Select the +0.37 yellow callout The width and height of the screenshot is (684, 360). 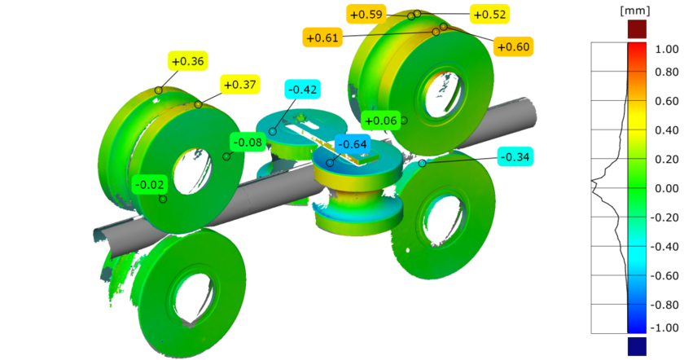(x=239, y=84)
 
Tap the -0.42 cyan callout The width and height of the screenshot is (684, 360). (x=302, y=89)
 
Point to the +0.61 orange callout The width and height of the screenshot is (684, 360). (x=322, y=37)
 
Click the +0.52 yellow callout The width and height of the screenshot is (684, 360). (x=489, y=14)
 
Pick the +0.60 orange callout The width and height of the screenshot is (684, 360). (x=512, y=46)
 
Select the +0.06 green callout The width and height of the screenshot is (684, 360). (x=380, y=121)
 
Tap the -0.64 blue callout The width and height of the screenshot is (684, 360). (x=352, y=144)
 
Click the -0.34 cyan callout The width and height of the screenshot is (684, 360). (x=515, y=156)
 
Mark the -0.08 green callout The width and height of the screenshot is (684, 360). (x=248, y=143)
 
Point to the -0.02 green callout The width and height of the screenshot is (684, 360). (x=150, y=184)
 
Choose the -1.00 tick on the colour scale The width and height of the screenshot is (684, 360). (x=665, y=327)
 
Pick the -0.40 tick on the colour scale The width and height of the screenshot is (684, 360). (x=665, y=244)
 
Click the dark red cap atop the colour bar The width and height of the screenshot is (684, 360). (x=637, y=29)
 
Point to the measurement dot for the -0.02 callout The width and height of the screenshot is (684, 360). (x=163, y=199)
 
